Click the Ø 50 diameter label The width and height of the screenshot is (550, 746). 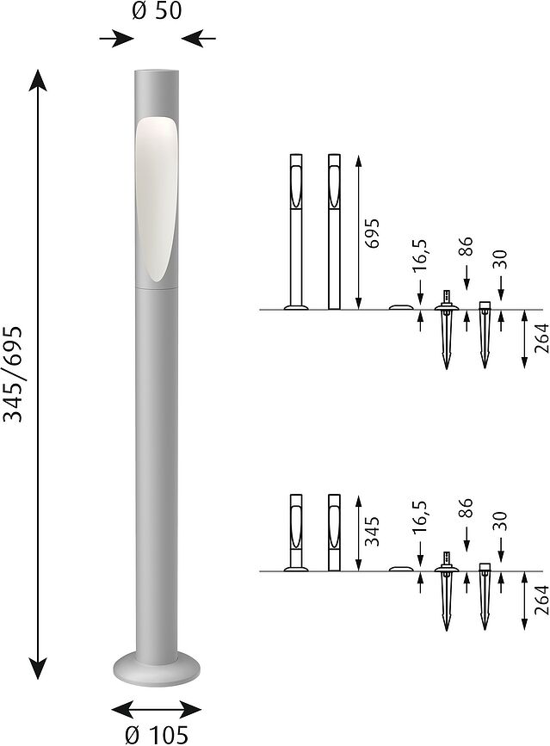tap(158, 12)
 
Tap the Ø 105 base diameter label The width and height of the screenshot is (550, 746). tap(157, 733)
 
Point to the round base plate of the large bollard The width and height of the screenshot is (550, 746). tap(157, 666)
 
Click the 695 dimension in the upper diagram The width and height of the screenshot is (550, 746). tap(372, 232)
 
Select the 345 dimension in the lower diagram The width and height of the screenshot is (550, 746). tap(372, 533)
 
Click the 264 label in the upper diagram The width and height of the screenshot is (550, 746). tap(540, 339)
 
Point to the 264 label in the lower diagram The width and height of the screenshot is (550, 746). tap(540, 600)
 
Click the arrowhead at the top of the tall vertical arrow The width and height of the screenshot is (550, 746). tap(38, 82)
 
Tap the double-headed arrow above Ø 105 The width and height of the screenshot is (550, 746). tap(157, 709)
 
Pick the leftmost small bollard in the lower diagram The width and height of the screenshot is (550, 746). tap(296, 532)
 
